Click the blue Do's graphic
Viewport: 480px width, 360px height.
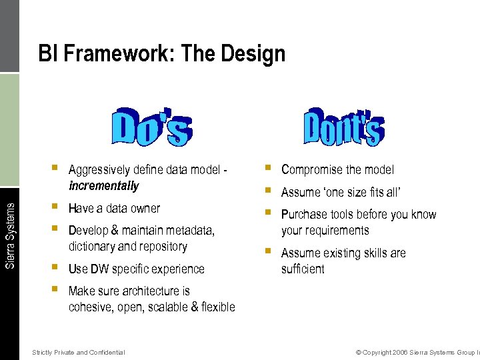tap(152, 127)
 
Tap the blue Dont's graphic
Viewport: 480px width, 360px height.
tap(343, 126)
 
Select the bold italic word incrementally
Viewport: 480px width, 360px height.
tap(103, 186)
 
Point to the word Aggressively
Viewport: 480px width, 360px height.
tap(99, 170)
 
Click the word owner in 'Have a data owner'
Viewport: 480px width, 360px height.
tap(145, 209)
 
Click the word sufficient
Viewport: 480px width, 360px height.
tap(303, 269)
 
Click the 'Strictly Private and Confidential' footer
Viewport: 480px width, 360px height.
tap(78, 352)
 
